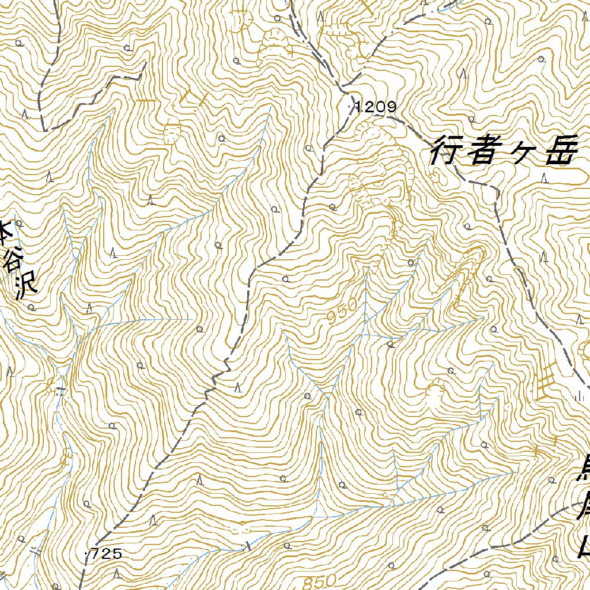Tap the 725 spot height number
click(x=107, y=554)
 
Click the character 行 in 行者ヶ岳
click(x=448, y=152)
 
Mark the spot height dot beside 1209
click(x=351, y=107)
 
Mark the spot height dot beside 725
click(x=86, y=554)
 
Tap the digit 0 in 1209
click(x=382, y=107)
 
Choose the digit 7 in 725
click(x=96, y=554)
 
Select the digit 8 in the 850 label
click(x=305, y=580)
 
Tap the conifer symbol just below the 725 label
click(x=117, y=573)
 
